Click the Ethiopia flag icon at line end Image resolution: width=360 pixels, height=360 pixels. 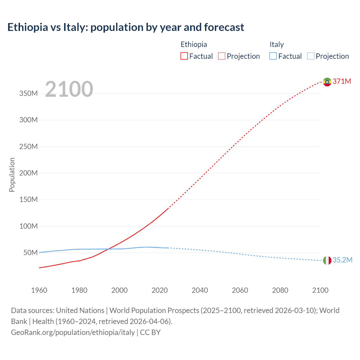click(327, 82)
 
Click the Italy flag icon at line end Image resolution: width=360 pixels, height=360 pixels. click(327, 260)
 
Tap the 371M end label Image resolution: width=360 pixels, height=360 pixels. click(342, 82)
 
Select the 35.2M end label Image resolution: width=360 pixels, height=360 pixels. click(342, 260)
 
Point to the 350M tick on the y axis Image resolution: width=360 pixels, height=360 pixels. click(28, 94)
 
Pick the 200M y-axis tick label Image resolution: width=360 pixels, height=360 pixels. click(28, 173)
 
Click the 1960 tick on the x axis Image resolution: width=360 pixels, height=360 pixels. click(39, 290)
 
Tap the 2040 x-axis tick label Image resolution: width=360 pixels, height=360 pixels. click(200, 290)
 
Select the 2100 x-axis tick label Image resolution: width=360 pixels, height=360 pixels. click(320, 290)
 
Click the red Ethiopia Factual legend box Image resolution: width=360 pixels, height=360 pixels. click(184, 56)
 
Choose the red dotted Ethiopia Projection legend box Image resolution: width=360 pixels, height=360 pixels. click(222, 56)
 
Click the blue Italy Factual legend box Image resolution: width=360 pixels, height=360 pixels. click(273, 56)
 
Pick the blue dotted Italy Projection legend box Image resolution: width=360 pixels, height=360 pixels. click(310, 56)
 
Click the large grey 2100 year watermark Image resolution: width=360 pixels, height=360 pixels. click(69, 89)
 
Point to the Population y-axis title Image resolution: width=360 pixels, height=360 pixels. click(12, 175)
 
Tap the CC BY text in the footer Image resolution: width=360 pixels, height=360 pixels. click(150, 332)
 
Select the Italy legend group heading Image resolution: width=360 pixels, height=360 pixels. click(276, 44)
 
